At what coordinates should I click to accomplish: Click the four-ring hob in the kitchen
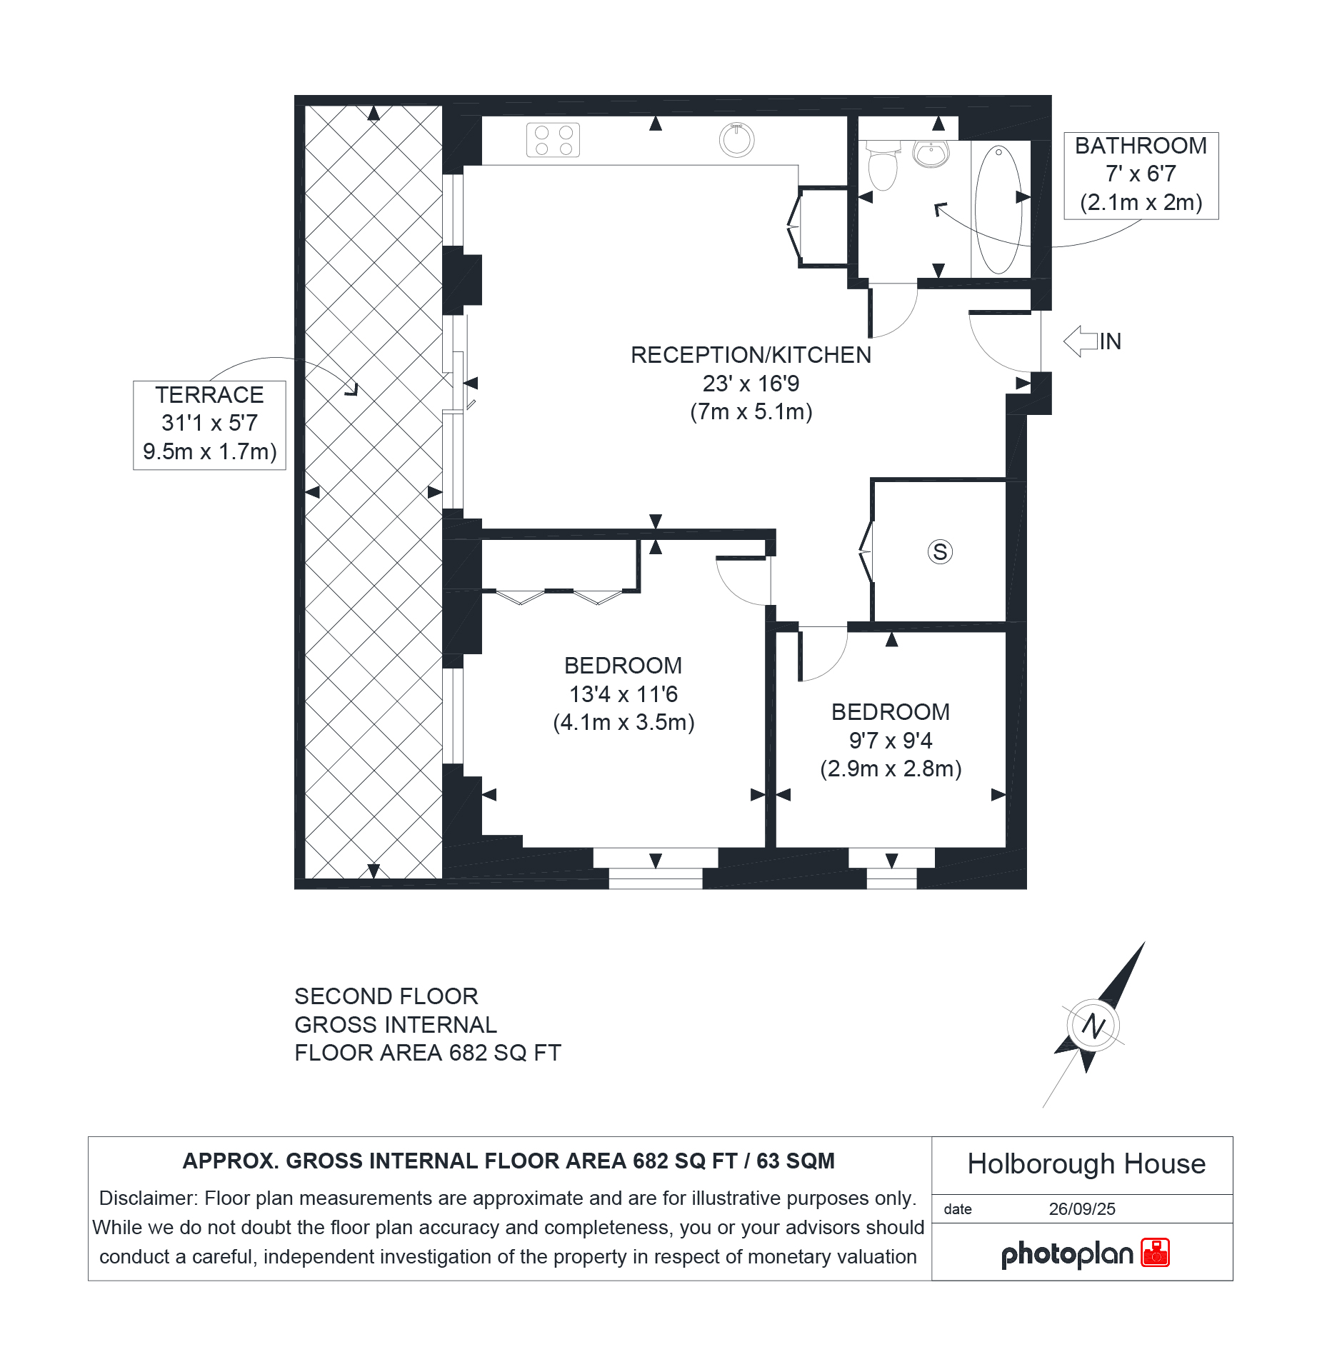click(x=553, y=140)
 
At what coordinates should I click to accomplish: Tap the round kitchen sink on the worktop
click(x=736, y=140)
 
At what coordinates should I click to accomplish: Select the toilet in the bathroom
click(x=883, y=166)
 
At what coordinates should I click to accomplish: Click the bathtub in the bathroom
click(x=998, y=209)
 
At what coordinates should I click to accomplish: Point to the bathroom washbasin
click(x=931, y=154)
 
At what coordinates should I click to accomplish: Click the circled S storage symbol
click(x=940, y=551)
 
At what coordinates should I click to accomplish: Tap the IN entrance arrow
click(x=1081, y=341)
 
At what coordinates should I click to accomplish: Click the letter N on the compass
click(x=1093, y=1026)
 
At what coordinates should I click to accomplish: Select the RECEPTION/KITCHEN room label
click(x=751, y=355)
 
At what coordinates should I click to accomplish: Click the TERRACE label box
click(x=209, y=425)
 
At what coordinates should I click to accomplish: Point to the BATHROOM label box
click(x=1141, y=176)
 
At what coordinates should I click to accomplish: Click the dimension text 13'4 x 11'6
click(x=624, y=694)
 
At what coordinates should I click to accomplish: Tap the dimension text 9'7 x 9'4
click(x=891, y=741)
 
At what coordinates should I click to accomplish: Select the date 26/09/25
click(x=1082, y=1209)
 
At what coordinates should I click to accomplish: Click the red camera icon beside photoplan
click(x=1155, y=1253)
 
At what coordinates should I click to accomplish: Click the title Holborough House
click(x=1086, y=1164)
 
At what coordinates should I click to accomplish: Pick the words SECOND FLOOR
click(x=386, y=996)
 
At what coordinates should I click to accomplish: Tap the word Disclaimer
click(x=148, y=1198)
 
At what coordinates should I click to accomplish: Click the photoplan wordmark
click(x=1067, y=1255)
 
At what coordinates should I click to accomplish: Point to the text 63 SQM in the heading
click(x=796, y=1161)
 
